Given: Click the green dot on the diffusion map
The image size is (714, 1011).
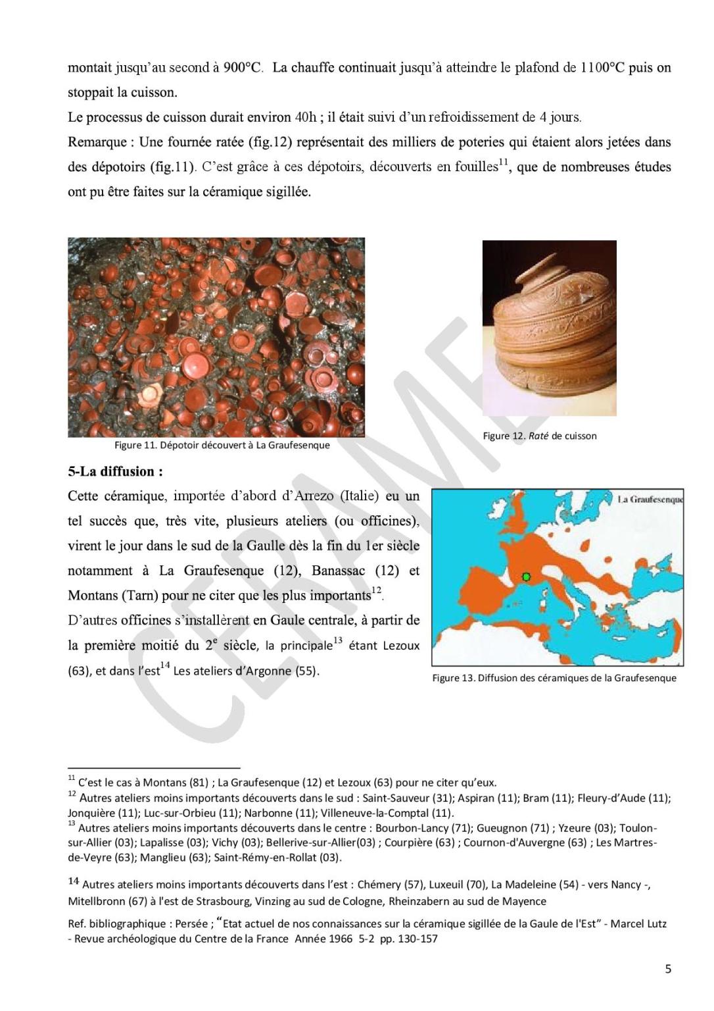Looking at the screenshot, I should pos(526,577).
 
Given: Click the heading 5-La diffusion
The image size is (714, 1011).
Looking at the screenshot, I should pos(115,471).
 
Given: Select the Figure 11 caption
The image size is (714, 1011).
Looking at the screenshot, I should pos(222,445).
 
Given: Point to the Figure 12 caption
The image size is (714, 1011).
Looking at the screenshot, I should pos(539,436).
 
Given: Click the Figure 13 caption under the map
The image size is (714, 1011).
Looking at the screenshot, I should pos(554,678).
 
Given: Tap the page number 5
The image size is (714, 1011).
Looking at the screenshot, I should pos(668,968).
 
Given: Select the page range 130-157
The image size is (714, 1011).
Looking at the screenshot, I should pos(417,939).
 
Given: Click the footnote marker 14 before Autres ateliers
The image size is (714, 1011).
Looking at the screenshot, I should pos(73,881).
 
